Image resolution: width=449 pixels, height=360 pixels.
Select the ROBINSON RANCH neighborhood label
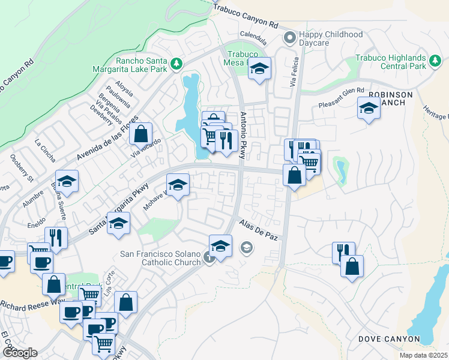coord(391,99)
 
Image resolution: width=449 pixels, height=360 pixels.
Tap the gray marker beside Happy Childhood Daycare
coord(290,38)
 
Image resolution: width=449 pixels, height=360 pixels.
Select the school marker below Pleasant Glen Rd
coord(369,108)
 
